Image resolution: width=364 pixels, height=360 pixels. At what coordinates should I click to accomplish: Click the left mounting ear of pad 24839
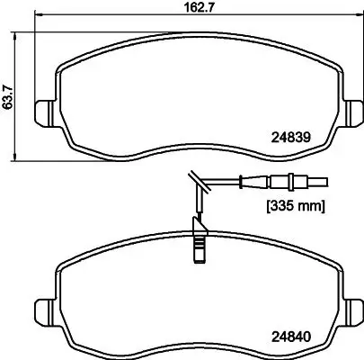[x=43, y=115]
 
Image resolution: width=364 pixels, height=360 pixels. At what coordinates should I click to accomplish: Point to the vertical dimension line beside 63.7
[x=20, y=90]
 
